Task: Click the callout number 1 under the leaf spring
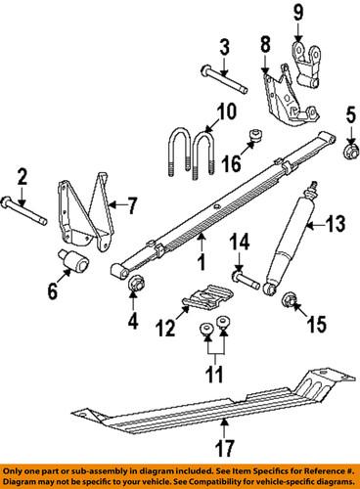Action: click(x=200, y=263)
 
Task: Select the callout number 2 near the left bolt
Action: click(x=21, y=178)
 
